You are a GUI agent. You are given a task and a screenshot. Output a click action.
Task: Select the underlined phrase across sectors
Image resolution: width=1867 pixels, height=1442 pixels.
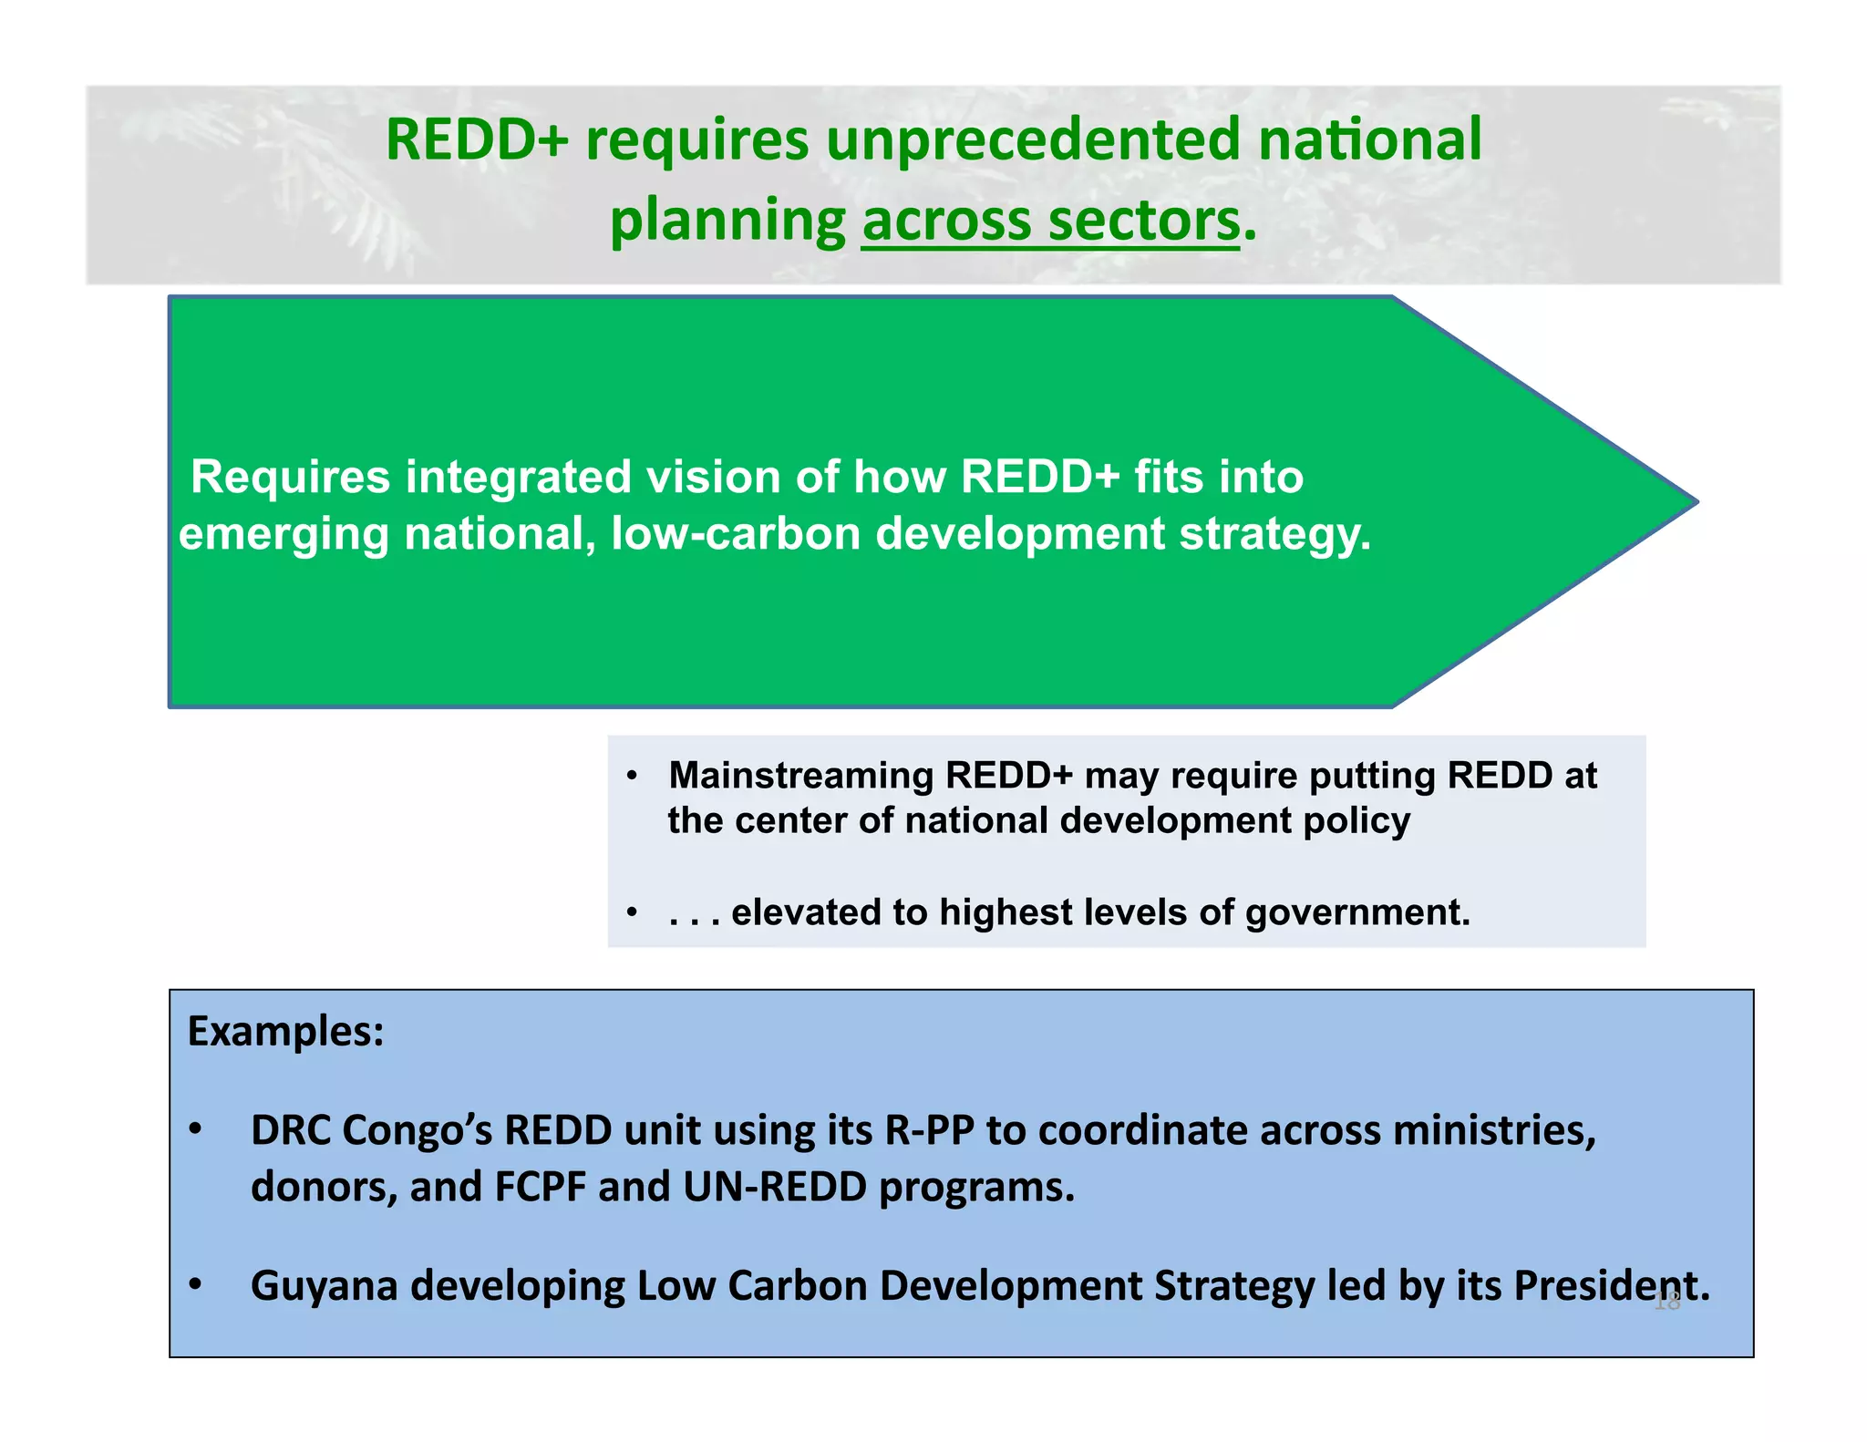[x=1050, y=222]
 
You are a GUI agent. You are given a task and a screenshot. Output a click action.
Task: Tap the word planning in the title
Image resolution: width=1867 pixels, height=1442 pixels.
[x=727, y=222]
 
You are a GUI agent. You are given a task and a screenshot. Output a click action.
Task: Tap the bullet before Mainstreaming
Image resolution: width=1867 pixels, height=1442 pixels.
[x=632, y=777]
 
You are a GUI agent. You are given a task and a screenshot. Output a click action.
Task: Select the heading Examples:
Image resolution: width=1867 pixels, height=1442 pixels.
[x=285, y=1032]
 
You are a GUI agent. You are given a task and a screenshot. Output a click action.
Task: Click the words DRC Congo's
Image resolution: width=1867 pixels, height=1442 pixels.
[x=371, y=1130]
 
